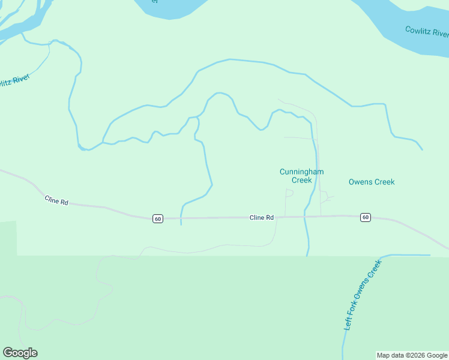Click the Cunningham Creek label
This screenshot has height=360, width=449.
pyautogui.click(x=301, y=176)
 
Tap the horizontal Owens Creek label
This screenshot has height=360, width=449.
pyautogui.click(x=372, y=182)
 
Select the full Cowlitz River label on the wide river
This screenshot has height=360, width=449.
pyautogui.click(x=427, y=32)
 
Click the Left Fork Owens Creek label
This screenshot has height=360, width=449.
pyautogui.click(x=363, y=295)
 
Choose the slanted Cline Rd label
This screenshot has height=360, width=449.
pyautogui.click(x=56, y=200)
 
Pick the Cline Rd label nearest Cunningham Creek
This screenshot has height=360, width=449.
pyautogui.click(x=262, y=217)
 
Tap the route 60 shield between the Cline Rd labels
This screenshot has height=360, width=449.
pyautogui.click(x=157, y=218)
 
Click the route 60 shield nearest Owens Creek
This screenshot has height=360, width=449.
pyautogui.click(x=365, y=217)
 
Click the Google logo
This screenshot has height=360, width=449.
pyautogui.click(x=20, y=353)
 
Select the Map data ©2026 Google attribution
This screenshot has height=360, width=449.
pyautogui.click(x=412, y=355)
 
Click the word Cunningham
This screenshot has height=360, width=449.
pyautogui.click(x=301, y=172)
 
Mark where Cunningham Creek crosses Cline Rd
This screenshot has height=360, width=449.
pyautogui.click(x=306, y=217)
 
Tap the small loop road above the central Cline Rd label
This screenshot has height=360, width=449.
pyautogui.click(x=289, y=193)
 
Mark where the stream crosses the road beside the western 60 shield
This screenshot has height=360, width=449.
pyautogui.click(x=181, y=218)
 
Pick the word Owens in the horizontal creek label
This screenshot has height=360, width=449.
pyautogui.click(x=360, y=182)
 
